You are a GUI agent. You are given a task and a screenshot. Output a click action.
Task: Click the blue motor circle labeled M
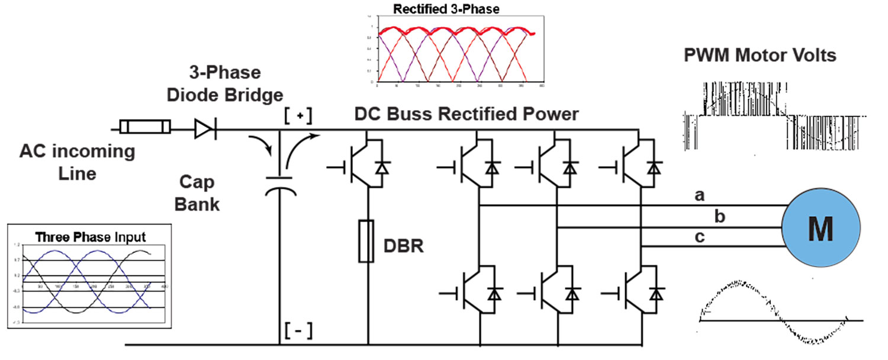click(820, 228)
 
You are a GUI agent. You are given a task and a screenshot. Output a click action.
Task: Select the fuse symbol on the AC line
click(145, 127)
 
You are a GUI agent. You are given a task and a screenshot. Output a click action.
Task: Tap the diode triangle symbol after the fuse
click(205, 127)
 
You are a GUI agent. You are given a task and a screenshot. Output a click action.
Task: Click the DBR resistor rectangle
click(368, 240)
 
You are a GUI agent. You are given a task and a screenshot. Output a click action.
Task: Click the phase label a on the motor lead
click(699, 197)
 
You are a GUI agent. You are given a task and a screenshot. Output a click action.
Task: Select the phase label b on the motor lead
click(719, 217)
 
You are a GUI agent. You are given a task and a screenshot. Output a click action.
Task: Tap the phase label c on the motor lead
click(699, 237)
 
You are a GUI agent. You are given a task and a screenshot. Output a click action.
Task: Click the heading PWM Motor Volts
click(760, 56)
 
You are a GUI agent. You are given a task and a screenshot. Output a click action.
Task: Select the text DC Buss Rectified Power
click(466, 114)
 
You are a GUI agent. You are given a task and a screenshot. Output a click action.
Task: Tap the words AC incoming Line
click(78, 162)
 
